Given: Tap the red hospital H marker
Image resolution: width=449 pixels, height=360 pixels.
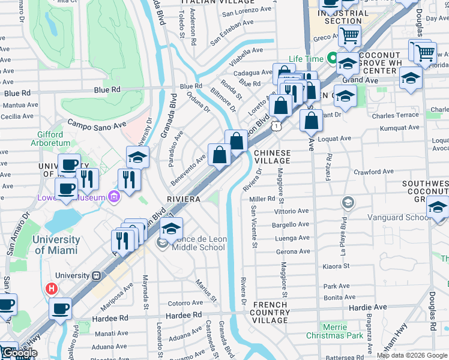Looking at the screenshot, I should pyautogui.click(x=52, y=289).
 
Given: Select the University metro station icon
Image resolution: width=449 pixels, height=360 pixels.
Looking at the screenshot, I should pyautogui.click(x=95, y=275).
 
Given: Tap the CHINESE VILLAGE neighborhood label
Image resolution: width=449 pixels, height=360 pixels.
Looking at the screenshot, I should pyautogui.click(x=272, y=158).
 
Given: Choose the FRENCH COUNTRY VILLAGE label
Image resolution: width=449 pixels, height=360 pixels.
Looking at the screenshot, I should pyautogui.click(x=270, y=313).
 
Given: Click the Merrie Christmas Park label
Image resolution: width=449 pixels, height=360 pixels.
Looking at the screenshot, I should pyautogui.click(x=342, y=331).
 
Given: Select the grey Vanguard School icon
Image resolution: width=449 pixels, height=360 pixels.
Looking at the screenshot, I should pyautogui.click(x=347, y=203).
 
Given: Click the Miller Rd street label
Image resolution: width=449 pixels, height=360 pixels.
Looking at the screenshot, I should pyautogui.click(x=262, y=199).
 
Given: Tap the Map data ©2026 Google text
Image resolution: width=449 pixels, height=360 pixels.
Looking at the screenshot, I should pyautogui.click(x=412, y=355).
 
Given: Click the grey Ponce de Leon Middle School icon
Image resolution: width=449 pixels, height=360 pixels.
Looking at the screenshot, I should pyautogui.click(x=161, y=242).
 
